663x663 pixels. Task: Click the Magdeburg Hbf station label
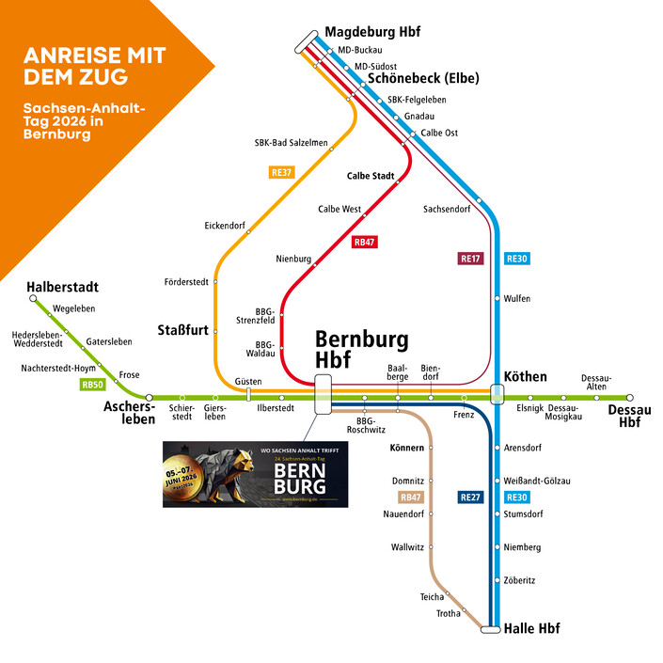374,32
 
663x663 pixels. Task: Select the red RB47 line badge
364,243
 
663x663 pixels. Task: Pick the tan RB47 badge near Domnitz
411,497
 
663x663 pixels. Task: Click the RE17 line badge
470,258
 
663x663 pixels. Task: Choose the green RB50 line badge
92,384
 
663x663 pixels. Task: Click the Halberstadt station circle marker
34,299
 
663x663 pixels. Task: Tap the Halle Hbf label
532,628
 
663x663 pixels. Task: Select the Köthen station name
526,377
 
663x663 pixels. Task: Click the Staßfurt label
182,329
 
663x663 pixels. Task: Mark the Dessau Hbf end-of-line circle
630,398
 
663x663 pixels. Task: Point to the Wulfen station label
517,299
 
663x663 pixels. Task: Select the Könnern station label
406,449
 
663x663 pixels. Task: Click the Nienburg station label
293,259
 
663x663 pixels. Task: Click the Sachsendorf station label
447,209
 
